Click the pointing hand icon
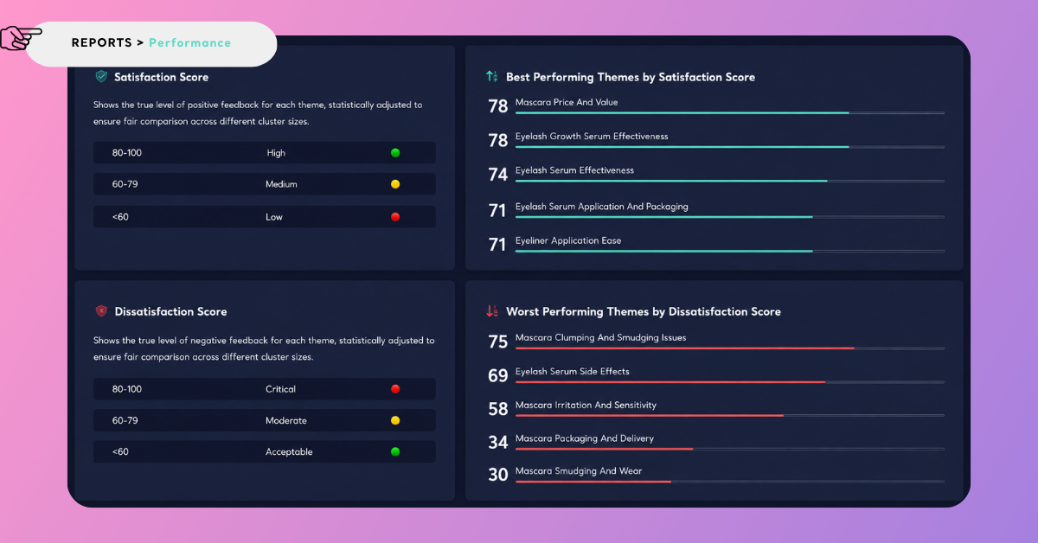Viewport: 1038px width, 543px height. [x=21, y=37]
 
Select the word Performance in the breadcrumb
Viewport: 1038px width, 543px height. [x=190, y=43]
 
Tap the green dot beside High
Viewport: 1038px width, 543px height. [x=395, y=153]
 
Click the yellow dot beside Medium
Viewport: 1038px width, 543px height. [x=395, y=184]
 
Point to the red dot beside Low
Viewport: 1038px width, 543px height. [x=395, y=217]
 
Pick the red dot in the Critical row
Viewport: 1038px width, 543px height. [x=395, y=389]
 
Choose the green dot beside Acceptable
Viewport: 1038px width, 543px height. [x=395, y=451]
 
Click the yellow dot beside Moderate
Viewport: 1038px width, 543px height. [x=395, y=421]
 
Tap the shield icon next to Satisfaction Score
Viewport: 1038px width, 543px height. [x=101, y=76]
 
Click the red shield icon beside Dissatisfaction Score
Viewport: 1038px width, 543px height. [x=101, y=311]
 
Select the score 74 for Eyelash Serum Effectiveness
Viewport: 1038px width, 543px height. [x=498, y=175]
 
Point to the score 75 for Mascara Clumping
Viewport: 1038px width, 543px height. [x=498, y=342]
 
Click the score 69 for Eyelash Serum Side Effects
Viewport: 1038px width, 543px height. [x=498, y=376]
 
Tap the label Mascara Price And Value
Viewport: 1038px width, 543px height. [x=567, y=102]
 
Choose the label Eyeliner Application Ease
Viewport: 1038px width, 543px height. [x=568, y=241]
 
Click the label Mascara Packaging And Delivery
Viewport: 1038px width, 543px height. [x=585, y=438]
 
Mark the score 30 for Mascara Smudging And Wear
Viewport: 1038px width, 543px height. [x=498, y=475]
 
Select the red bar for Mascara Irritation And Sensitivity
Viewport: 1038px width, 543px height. [x=650, y=416]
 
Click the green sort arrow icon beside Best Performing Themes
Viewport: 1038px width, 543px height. [x=492, y=76]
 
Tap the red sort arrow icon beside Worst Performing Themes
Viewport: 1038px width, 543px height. [x=492, y=311]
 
